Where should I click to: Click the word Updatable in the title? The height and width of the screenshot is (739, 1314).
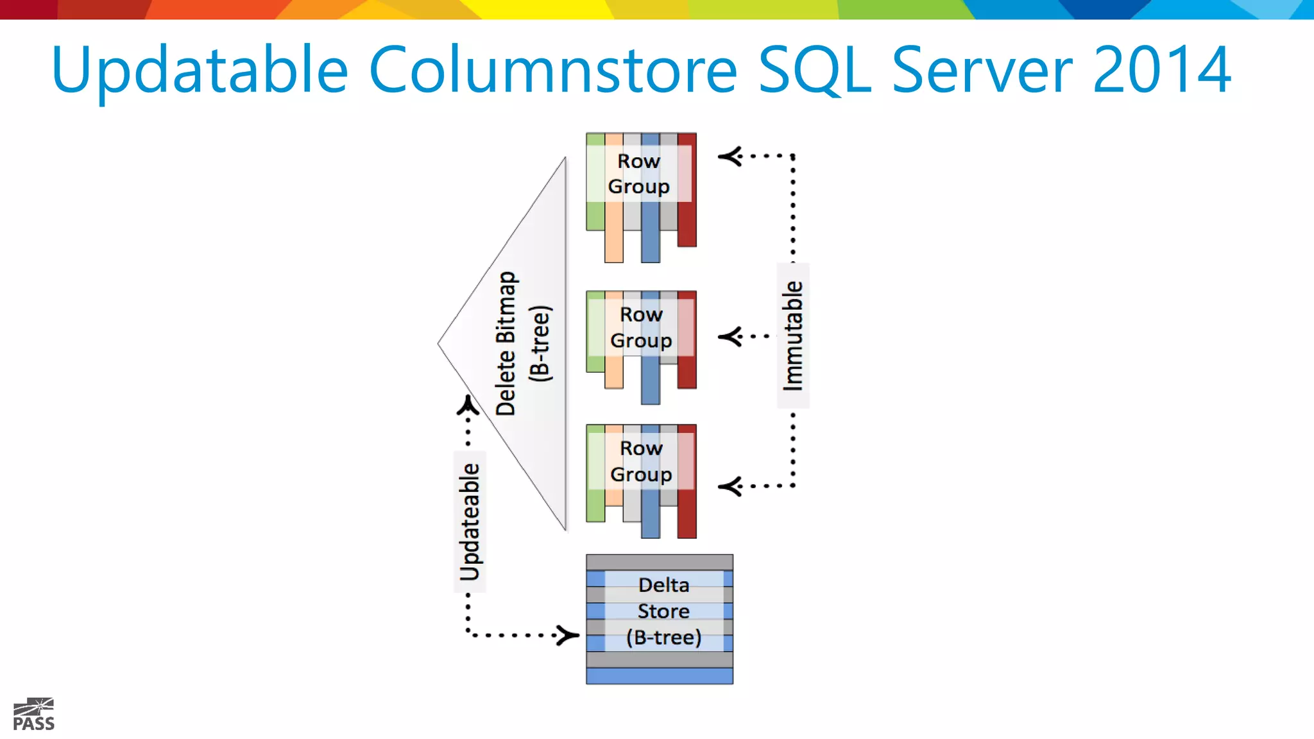pyautogui.click(x=200, y=71)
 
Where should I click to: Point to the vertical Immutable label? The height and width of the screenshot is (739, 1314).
pyautogui.click(x=793, y=336)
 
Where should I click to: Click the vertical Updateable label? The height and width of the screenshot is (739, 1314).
pyautogui.click(x=470, y=522)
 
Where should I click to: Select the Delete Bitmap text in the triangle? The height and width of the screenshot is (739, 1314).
pyautogui.click(x=506, y=343)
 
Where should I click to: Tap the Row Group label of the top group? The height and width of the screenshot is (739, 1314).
pyautogui.click(x=639, y=173)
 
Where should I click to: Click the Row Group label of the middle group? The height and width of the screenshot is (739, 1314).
pyautogui.click(x=641, y=327)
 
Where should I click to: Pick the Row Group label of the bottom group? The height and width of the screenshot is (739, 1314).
pyautogui.click(x=641, y=461)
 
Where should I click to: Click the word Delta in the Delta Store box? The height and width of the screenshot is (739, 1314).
pyautogui.click(x=663, y=584)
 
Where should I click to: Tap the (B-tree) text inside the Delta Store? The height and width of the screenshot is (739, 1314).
pyautogui.click(x=663, y=637)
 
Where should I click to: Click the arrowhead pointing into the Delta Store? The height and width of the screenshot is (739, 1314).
pyautogui.click(x=568, y=636)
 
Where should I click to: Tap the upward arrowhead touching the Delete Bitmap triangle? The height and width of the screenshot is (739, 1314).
pyautogui.click(x=468, y=405)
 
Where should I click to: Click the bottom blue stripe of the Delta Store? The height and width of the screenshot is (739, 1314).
pyautogui.click(x=659, y=675)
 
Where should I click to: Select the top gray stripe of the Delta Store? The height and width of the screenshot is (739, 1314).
pyautogui.click(x=659, y=562)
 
